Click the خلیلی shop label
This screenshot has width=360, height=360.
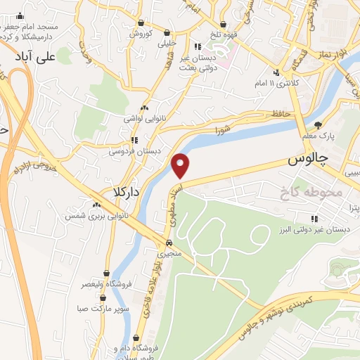tap(167, 42)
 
